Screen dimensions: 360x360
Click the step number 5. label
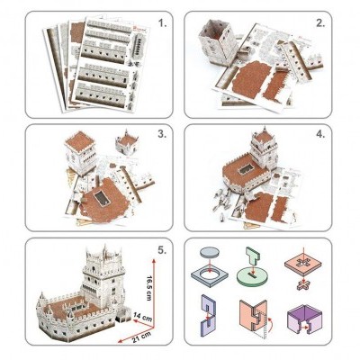[159, 251]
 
